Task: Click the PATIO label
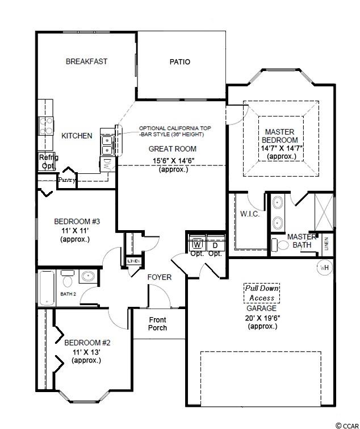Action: tap(179, 62)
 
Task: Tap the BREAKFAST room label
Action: tap(86, 61)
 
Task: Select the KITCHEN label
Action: tap(77, 136)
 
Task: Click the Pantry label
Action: tap(66, 180)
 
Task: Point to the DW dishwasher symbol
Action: tap(108, 164)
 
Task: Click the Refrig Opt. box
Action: tap(47, 161)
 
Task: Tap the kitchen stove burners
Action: tap(46, 126)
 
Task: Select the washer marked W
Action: tap(197, 244)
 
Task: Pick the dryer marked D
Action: tap(215, 244)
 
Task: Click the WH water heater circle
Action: tap(325, 268)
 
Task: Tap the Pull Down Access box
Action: tap(262, 293)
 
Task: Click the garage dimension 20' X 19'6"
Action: tap(263, 318)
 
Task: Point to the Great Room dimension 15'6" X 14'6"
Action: tap(173, 161)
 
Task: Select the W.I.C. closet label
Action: tap(250, 214)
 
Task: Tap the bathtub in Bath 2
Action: tap(47, 288)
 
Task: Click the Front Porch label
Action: tap(157, 324)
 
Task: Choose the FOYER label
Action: tap(160, 277)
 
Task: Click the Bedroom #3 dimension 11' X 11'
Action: tap(75, 230)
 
